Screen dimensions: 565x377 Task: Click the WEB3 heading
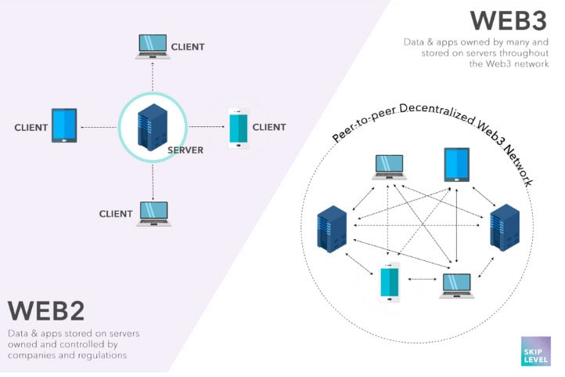509,20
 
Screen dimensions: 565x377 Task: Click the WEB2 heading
46,310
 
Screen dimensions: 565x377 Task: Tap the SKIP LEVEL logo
536,351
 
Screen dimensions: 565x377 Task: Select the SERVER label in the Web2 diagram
185,150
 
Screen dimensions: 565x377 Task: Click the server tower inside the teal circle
153,127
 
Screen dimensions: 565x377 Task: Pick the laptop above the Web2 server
153,47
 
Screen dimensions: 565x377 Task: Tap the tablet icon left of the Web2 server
64,125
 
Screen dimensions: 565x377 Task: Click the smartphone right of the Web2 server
239,128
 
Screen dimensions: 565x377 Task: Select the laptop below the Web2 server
154,214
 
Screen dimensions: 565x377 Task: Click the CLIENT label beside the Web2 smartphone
269,127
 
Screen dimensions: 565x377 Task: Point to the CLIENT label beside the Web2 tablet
31,128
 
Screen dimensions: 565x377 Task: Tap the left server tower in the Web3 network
332,229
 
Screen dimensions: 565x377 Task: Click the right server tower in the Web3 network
505,227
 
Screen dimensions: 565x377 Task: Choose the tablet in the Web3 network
457,165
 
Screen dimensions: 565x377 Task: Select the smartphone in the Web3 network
390,282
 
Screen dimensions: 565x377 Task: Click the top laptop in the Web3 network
390,168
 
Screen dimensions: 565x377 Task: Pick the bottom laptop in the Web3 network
457,286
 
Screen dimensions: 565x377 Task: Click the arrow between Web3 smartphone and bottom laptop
423,279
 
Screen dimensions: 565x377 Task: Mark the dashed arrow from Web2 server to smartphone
207,127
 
